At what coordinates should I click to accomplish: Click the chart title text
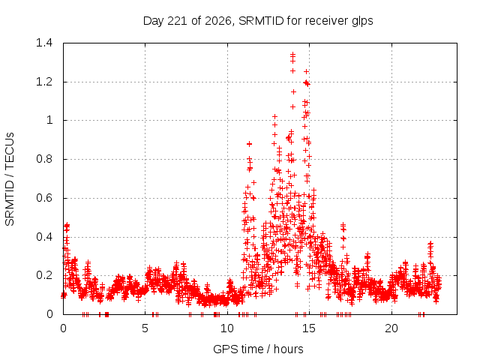[258, 21]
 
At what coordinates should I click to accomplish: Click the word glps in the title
[362, 22]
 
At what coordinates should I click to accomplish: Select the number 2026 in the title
[218, 21]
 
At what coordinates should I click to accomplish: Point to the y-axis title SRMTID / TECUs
[10, 179]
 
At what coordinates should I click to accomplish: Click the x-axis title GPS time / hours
[258, 349]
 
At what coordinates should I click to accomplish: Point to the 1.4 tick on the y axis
[44, 43]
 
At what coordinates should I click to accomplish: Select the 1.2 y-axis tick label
[44, 82]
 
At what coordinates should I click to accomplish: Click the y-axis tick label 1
[49, 120]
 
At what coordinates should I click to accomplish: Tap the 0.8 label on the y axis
[44, 159]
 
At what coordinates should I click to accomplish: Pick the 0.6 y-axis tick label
[44, 198]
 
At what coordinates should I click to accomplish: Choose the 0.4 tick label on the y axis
[44, 237]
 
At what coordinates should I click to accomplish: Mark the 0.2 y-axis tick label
[44, 275]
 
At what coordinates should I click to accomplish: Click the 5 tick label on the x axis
[145, 328]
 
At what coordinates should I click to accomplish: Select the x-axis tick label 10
[227, 328]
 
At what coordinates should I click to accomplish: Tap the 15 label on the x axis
[309, 328]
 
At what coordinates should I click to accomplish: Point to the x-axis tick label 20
[391, 328]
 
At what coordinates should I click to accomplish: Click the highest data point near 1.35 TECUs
[293, 55]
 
